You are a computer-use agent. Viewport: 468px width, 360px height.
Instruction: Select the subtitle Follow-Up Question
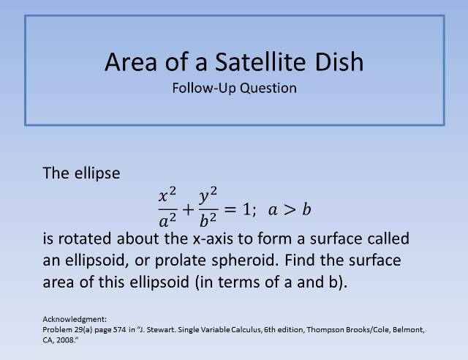pyautogui.click(x=234, y=88)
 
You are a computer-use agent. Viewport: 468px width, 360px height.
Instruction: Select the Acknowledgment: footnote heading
pyautogui.click(x=75, y=319)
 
